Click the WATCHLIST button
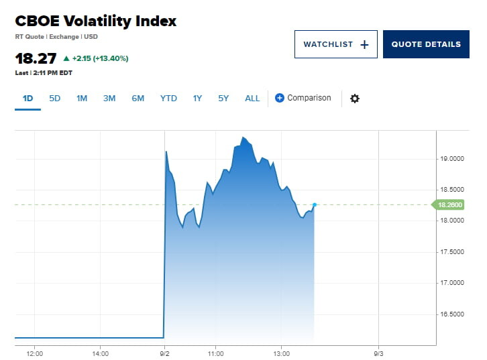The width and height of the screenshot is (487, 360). coord(335,44)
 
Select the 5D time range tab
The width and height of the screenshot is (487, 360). coord(55,99)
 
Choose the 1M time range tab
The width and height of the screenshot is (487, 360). coord(82,99)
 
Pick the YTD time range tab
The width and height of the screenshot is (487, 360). coord(168,99)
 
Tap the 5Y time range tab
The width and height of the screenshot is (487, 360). coord(223,99)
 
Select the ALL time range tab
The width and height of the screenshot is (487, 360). coord(252,99)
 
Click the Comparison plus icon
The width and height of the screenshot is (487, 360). coord(280,99)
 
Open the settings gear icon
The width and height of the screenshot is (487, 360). coord(355,99)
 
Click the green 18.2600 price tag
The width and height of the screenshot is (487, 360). coord(449,204)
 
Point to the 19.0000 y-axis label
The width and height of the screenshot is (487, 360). coord(451,159)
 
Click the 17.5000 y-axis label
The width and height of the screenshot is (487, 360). coord(451,252)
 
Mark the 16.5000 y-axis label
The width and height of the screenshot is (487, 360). coord(451,314)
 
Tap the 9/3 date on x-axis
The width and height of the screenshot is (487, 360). coord(378,353)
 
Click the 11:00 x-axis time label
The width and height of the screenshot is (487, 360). coord(215,353)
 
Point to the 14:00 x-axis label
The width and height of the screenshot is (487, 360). coord(100,353)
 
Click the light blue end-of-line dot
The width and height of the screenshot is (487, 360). coord(315,204)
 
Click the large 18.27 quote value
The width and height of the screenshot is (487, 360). coord(36,58)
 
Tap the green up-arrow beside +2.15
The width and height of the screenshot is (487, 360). coord(66,58)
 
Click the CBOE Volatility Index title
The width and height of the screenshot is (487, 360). coord(95,21)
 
